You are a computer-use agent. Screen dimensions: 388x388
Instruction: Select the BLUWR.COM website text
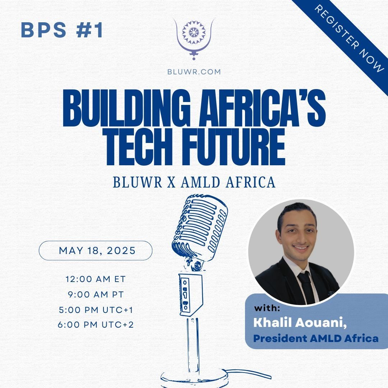pyautogui.click(x=194, y=71)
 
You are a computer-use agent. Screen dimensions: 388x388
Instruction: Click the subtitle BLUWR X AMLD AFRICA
pyautogui.click(x=194, y=182)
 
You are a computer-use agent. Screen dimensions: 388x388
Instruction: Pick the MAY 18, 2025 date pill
pyautogui.click(x=96, y=250)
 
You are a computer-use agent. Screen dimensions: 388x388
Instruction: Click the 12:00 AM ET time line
pyautogui.click(x=95, y=279)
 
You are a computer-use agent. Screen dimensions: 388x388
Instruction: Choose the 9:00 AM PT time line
pyautogui.click(x=96, y=295)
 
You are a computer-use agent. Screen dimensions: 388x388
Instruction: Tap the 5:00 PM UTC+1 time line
pyautogui.click(x=96, y=310)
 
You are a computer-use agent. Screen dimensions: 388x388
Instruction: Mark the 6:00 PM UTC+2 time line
pyautogui.click(x=96, y=325)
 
